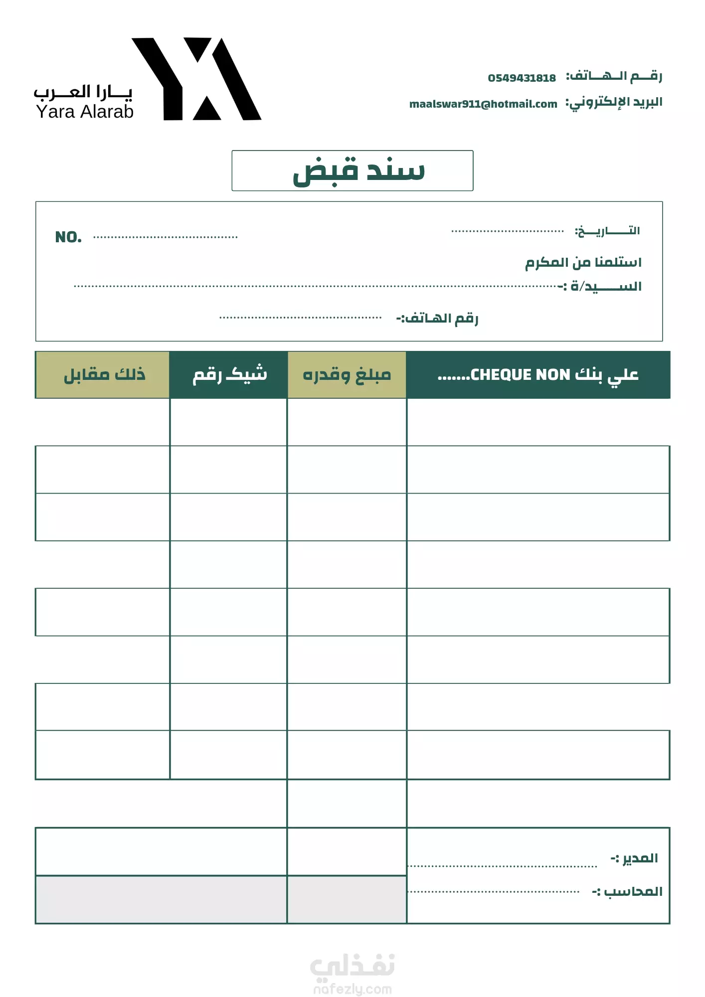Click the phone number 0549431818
point(522,78)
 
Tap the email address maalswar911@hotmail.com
point(483,104)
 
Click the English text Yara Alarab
point(85,112)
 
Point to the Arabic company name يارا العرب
point(83,92)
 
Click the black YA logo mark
point(196,79)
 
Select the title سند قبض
point(358,170)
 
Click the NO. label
point(68,237)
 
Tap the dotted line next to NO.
point(166,237)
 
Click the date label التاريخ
point(607,231)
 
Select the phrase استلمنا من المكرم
point(583,262)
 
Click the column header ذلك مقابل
point(104,374)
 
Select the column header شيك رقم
point(230,374)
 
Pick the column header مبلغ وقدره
point(347,375)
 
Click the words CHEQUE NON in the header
point(520,374)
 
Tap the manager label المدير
point(635,858)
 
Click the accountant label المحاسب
point(628,891)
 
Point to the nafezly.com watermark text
point(352,989)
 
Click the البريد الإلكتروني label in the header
point(614,103)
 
